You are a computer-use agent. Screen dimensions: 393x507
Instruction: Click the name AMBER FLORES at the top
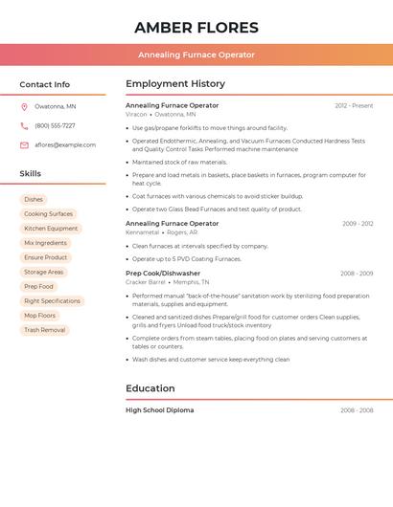tap(196, 28)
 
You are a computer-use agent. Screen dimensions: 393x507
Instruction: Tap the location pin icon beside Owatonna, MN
tap(24, 106)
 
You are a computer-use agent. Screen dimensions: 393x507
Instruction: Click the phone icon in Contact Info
tap(24, 125)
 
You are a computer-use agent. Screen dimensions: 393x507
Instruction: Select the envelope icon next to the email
tap(24, 145)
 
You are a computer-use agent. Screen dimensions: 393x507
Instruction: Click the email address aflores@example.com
tap(65, 145)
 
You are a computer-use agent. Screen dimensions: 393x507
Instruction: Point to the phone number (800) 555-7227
tap(55, 125)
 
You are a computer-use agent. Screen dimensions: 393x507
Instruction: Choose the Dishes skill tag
tap(34, 199)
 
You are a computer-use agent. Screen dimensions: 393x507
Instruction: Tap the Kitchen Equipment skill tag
tap(51, 229)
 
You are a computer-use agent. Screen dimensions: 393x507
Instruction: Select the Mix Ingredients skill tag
tap(45, 243)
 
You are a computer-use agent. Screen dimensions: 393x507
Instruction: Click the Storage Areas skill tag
tap(43, 272)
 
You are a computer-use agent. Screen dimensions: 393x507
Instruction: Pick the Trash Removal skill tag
tap(44, 330)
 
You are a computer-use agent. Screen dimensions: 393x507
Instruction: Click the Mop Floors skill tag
tap(39, 316)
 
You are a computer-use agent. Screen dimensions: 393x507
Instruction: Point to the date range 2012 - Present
tap(354, 105)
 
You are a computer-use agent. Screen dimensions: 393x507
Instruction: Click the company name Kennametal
tap(142, 232)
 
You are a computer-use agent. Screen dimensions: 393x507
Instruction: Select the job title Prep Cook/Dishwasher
tap(163, 274)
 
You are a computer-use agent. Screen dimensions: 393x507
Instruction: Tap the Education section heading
tap(150, 388)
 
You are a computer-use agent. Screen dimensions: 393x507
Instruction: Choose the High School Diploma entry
tap(159, 410)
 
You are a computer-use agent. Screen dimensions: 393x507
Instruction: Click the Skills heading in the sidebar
tap(30, 174)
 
